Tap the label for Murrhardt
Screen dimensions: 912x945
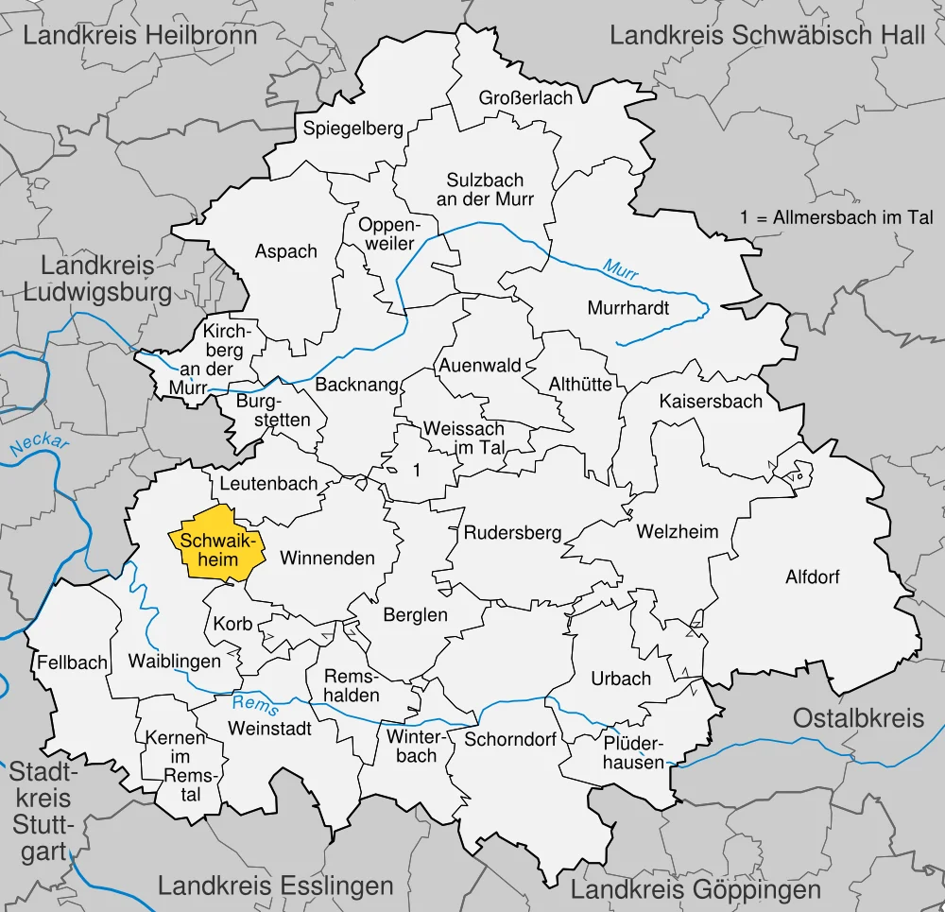click(627, 308)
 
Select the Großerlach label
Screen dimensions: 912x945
click(525, 98)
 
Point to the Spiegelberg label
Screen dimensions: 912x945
click(352, 129)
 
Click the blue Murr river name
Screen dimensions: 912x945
click(621, 270)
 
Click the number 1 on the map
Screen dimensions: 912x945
click(416, 470)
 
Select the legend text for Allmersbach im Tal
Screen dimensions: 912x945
click(836, 217)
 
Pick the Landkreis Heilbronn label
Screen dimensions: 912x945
click(140, 37)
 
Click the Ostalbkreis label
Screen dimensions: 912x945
click(858, 718)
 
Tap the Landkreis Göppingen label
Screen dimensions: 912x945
click(696, 889)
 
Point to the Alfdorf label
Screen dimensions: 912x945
click(812, 576)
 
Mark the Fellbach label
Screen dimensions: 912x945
click(73, 662)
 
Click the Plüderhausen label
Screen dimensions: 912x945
click(634, 752)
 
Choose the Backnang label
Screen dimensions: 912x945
click(350, 386)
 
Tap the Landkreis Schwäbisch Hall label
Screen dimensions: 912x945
click(767, 37)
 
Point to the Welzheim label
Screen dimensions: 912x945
click(677, 532)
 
